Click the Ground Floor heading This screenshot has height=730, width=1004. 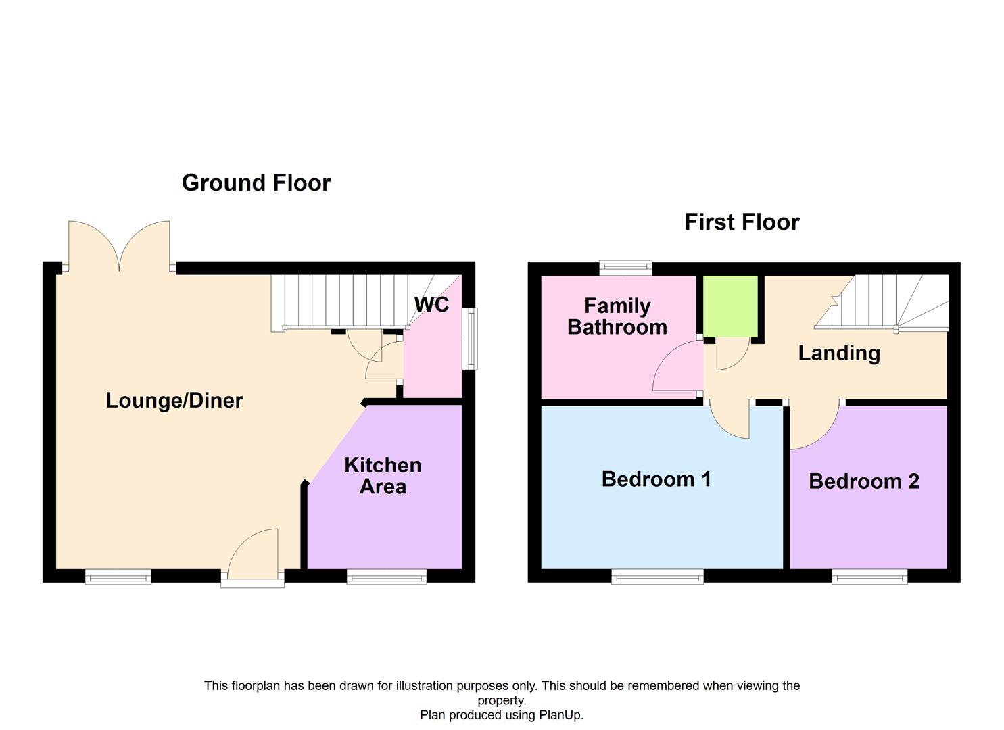(x=256, y=183)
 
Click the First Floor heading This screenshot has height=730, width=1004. (x=742, y=222)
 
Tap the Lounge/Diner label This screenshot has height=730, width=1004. (x=174, y=401)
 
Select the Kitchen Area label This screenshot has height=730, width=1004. (x=383, y=476)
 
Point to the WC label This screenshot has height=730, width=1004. (x=431, y=305)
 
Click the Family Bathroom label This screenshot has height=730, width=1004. (x=617, y=316)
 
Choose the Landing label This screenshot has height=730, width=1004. (x=839, y=354)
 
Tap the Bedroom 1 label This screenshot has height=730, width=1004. (x=656, y=479)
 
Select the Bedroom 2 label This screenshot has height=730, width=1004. (x=863, y=481)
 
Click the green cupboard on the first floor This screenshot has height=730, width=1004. (x=730, y=306)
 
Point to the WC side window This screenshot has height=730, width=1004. (x=470, y=339)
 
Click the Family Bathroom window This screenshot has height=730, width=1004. (x=625, y=268)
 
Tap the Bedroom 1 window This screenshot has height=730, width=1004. (x=658, y=577)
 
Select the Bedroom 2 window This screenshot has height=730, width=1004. (x=870, y=577)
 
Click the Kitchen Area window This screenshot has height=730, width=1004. (x=387, y=577)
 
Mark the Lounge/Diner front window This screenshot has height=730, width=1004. (x=118, y=577)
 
